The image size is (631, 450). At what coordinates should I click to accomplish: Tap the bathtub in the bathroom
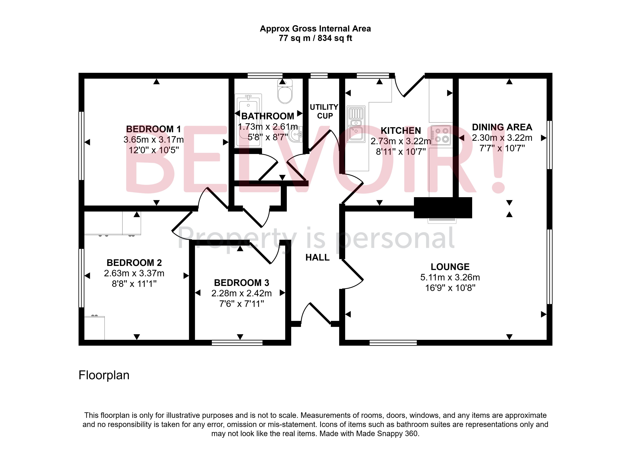tap(248, 120)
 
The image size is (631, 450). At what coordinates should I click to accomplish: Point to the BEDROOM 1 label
tap(153, 129)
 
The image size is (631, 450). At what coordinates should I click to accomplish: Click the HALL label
tap(317, 258)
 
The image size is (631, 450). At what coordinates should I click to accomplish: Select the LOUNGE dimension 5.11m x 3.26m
tap(450, 277)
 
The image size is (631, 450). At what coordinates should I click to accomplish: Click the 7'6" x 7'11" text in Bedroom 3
tap(241, 304)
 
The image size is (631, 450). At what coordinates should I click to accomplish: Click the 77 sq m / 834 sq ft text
tap(315, 38)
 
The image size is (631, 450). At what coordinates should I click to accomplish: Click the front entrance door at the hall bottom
tap(316, 315)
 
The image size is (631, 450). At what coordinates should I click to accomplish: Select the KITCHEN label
tap(401, 131)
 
